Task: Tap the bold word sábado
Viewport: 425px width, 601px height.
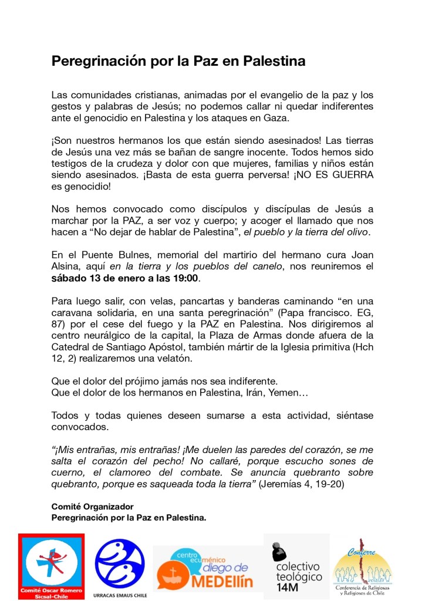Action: pyautogui.click(x=69, y=278)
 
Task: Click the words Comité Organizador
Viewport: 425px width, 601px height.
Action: pyautogui.click(x=93, y=506)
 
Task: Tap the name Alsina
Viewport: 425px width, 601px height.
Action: pyautogui.click(x=66, y=267)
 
